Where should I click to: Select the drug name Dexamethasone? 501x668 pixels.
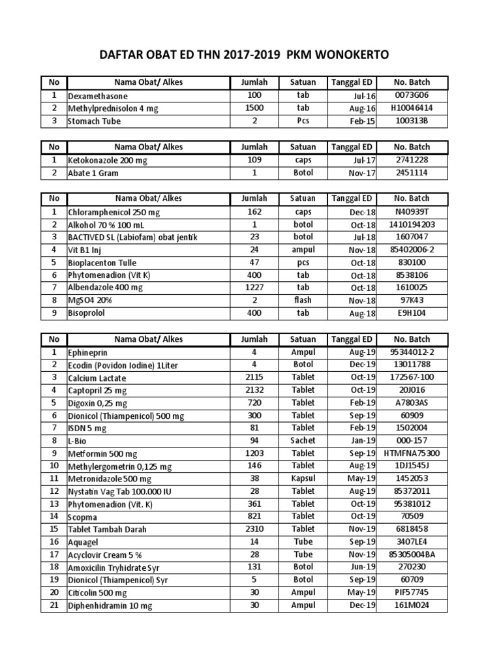pos(97,96)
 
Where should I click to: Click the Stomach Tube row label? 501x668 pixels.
pos(94,121)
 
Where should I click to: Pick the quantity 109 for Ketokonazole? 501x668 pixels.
pos(254,160)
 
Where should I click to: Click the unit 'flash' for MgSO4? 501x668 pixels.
pos(303,301)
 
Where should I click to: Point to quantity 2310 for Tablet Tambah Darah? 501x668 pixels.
pos(254,529)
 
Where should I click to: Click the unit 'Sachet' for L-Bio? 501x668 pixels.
pos(303,441)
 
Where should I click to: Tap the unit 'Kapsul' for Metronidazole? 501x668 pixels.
pos(303,479)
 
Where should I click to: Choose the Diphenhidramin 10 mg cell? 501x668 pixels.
pos(110,606)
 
